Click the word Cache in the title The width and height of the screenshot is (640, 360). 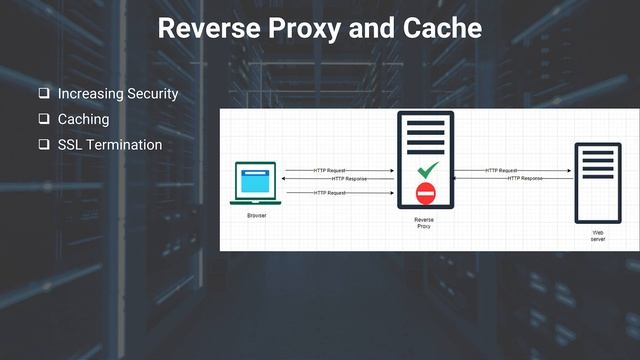[439, 28]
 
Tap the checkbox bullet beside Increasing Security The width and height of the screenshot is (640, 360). [44, 94]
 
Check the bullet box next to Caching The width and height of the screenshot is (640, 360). [44, 119]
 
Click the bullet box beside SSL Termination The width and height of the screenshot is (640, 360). [44, 145]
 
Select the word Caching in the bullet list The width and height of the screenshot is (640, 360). [84, 119]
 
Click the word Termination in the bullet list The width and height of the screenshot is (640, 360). [124, 145]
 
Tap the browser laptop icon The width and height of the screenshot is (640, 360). [257, 184]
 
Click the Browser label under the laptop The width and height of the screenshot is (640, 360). [257, 215]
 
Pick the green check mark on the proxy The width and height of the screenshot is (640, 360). [428, 171]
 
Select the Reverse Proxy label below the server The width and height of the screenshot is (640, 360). [424, 222]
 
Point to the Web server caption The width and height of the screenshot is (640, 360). [597, 236]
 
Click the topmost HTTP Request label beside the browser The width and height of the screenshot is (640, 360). [330, 170]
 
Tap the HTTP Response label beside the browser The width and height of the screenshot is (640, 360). [349, 179]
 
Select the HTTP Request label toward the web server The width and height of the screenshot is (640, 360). [501, 170]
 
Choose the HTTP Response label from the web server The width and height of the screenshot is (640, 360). [525, 178]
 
